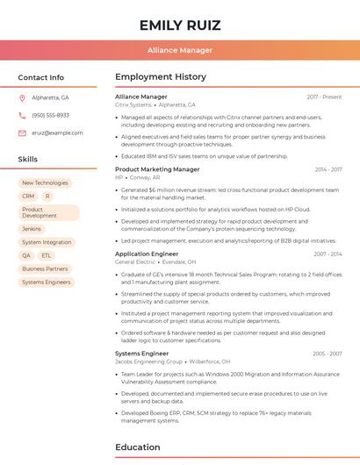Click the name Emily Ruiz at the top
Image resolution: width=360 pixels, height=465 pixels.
179,25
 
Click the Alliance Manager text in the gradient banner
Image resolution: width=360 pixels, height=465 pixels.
179,50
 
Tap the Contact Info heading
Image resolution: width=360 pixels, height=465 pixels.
41,77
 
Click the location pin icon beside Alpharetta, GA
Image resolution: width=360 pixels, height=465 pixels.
22,98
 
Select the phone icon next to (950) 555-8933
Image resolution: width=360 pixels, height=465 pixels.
22,116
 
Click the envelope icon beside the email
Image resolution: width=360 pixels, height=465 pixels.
22,133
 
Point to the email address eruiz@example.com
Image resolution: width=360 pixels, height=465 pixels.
57,133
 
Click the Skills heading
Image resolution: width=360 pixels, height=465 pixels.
28,160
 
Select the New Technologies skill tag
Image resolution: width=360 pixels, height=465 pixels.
45,183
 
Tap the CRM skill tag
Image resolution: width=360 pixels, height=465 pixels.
28,197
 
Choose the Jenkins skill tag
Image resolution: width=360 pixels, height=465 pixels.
32,229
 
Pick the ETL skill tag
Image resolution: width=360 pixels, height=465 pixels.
47,255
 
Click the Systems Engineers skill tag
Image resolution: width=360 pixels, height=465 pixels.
47,283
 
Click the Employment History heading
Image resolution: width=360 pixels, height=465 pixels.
161,77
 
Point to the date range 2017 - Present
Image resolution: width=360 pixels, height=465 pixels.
324,97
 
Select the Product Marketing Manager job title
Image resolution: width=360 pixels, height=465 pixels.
157,169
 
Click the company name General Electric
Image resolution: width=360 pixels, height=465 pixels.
135,261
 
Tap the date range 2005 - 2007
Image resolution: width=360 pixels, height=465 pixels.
327,354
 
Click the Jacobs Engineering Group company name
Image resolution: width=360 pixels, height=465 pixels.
149,361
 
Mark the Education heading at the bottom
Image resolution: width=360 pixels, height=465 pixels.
138,447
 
